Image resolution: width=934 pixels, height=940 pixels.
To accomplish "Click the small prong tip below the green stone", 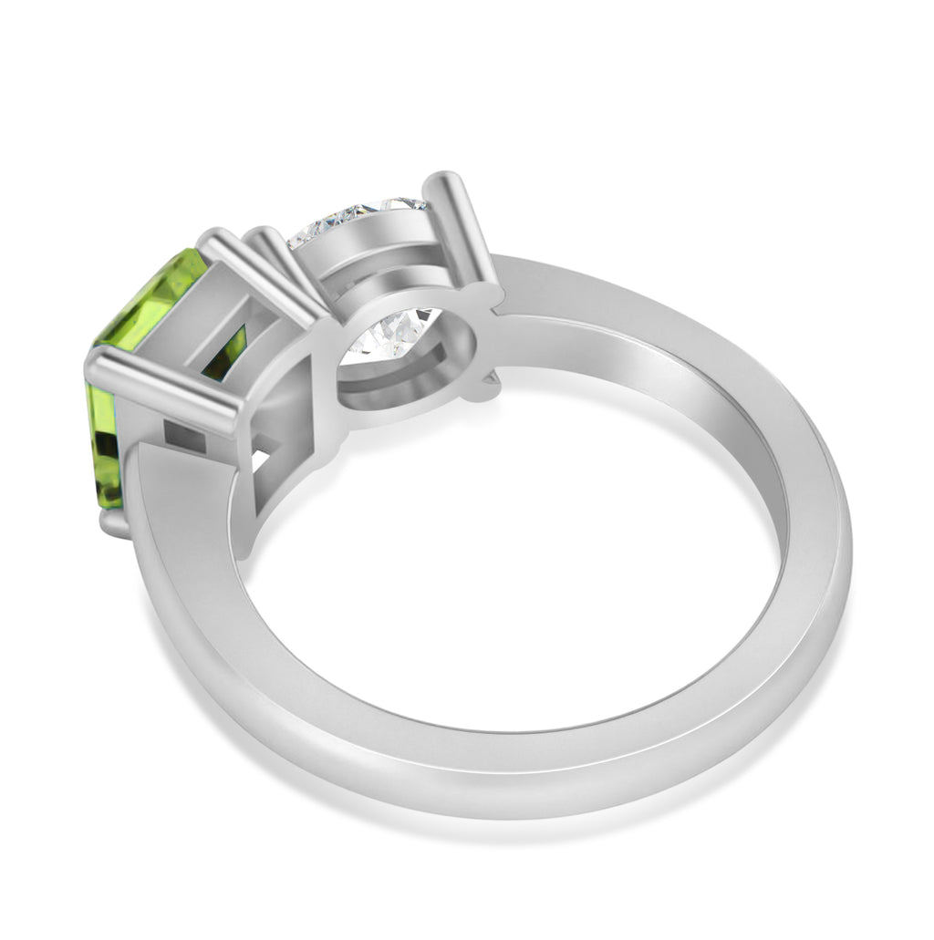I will [113, 524].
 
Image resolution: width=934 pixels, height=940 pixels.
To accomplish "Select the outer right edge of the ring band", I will [844, 547].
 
